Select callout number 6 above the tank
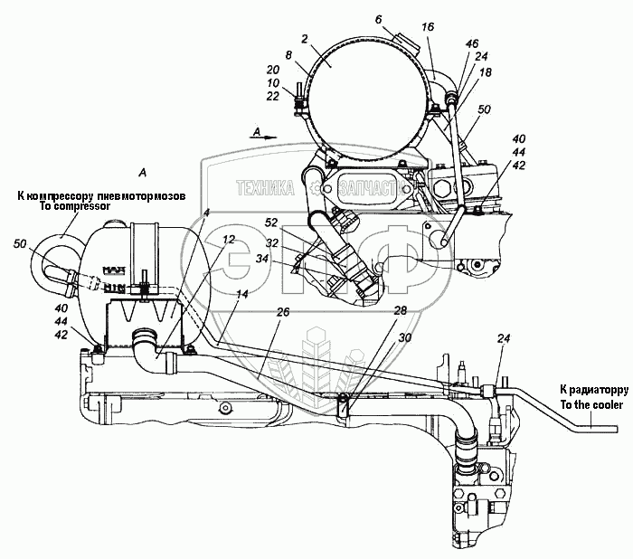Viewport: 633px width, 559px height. (379, 18)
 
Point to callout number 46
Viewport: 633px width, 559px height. (473, 43)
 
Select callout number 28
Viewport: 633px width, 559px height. (399, 310)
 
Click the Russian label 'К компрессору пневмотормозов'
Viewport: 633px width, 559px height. (100, 194)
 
